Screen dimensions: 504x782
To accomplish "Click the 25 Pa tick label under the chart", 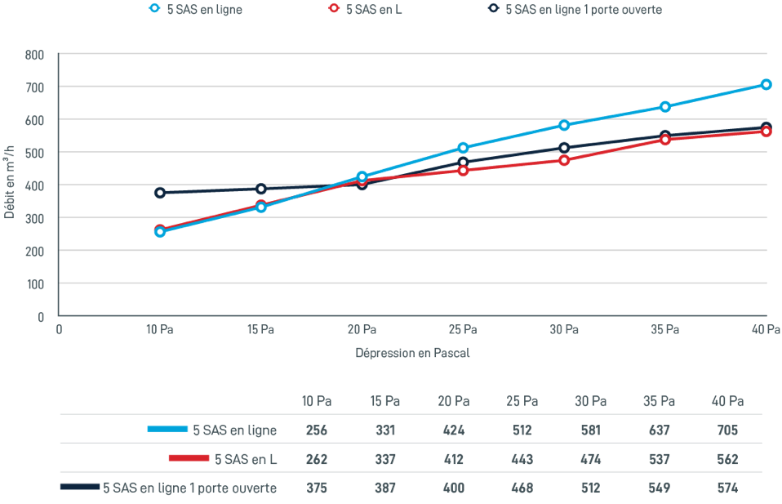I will tap(463, 330).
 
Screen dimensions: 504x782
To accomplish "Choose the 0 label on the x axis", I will tap(59, 330).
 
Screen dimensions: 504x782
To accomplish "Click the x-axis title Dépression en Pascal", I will tap(412, 354).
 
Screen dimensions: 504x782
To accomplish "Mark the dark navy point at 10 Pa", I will tap(160, 193).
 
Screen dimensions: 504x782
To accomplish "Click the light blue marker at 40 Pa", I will tap(766, 84).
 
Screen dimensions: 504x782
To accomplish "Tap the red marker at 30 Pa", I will tap(564, 160).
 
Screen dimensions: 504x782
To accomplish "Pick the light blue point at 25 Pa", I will tap(463, 148).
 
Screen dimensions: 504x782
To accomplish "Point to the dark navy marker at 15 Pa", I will tap(261, 189).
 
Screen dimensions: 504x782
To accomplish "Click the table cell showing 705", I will tap(726, 430).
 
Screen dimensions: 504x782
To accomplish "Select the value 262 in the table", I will tap(317, 459).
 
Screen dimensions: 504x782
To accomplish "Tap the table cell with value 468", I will tap(523, 488).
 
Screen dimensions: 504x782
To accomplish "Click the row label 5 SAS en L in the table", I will tap(246, 459).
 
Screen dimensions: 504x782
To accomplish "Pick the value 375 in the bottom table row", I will tap(317, 488).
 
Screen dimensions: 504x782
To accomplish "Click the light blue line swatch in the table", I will tap(167, 429).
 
